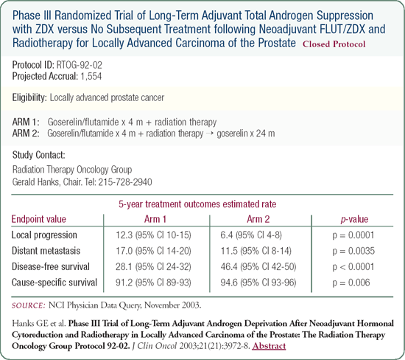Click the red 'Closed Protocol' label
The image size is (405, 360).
(334, 44)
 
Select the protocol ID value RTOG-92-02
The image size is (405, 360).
(80, 65)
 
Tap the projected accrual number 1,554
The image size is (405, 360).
(91, 76)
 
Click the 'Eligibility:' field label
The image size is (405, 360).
(29, 97)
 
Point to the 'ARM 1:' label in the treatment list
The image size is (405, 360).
(26, 122)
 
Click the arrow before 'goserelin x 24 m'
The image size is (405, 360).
(210, 134)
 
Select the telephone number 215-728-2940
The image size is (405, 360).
(125, 182)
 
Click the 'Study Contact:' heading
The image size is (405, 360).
(39, 155)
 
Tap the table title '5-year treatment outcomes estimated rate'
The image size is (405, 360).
(197, 204)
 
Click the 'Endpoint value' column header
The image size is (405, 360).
(39, 219)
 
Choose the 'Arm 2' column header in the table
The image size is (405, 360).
(258, 219)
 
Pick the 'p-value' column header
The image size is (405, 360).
(354, 220)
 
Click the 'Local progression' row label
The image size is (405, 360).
(44, 235)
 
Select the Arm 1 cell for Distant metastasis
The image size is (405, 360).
(153, 251)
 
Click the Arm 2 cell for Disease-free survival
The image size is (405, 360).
(258, 266)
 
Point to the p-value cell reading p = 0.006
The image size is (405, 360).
(351, 283)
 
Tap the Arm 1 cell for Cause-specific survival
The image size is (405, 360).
(153, 283)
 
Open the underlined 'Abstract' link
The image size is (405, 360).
(269, 346)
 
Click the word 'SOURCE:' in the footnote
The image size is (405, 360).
(29, 305)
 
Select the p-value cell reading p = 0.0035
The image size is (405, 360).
(353, 251)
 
